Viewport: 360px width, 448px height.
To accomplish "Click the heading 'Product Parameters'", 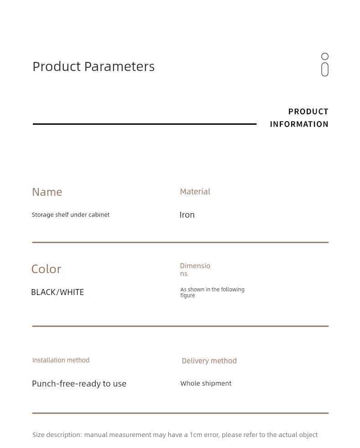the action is tap(93, 66).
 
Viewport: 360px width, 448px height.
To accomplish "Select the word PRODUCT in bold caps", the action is tap(308, 112).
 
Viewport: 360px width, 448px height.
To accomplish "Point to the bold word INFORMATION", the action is tap(299, 124).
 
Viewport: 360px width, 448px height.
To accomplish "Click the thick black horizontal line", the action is tap(145, 124).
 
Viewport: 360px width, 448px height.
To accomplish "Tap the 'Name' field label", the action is tap(47, 192).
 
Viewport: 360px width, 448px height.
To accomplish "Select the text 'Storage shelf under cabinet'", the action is tap(71, 214).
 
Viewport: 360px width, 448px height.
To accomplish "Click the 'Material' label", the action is tap(195, 191).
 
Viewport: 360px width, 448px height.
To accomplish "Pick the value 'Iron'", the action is tap(187, 214).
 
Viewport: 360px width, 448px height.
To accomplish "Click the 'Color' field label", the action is tap(46, 269).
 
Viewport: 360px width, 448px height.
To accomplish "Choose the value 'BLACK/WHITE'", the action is tap(57, 292).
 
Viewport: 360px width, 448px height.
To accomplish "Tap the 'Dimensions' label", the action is tap(195, 270).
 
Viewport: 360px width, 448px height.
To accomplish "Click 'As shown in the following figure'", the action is tap(212, 292).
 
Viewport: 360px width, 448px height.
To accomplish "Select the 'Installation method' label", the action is tap(61, 360).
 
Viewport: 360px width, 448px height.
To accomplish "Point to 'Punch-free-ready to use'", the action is tap(79, 383).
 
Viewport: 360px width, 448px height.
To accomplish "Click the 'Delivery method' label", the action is tap(209, 361).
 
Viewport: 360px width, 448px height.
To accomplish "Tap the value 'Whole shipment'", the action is tap(206, 383).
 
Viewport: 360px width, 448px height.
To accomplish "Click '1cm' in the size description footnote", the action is tap(196, 435).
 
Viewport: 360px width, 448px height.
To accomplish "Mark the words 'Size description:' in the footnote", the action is tap(57, 435).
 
